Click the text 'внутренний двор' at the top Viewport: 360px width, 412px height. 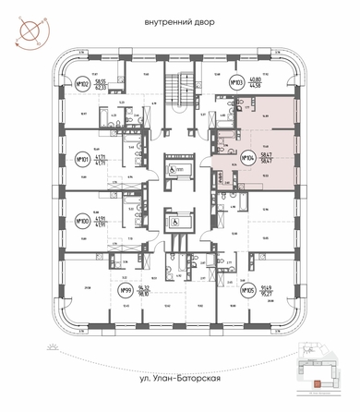181,19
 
